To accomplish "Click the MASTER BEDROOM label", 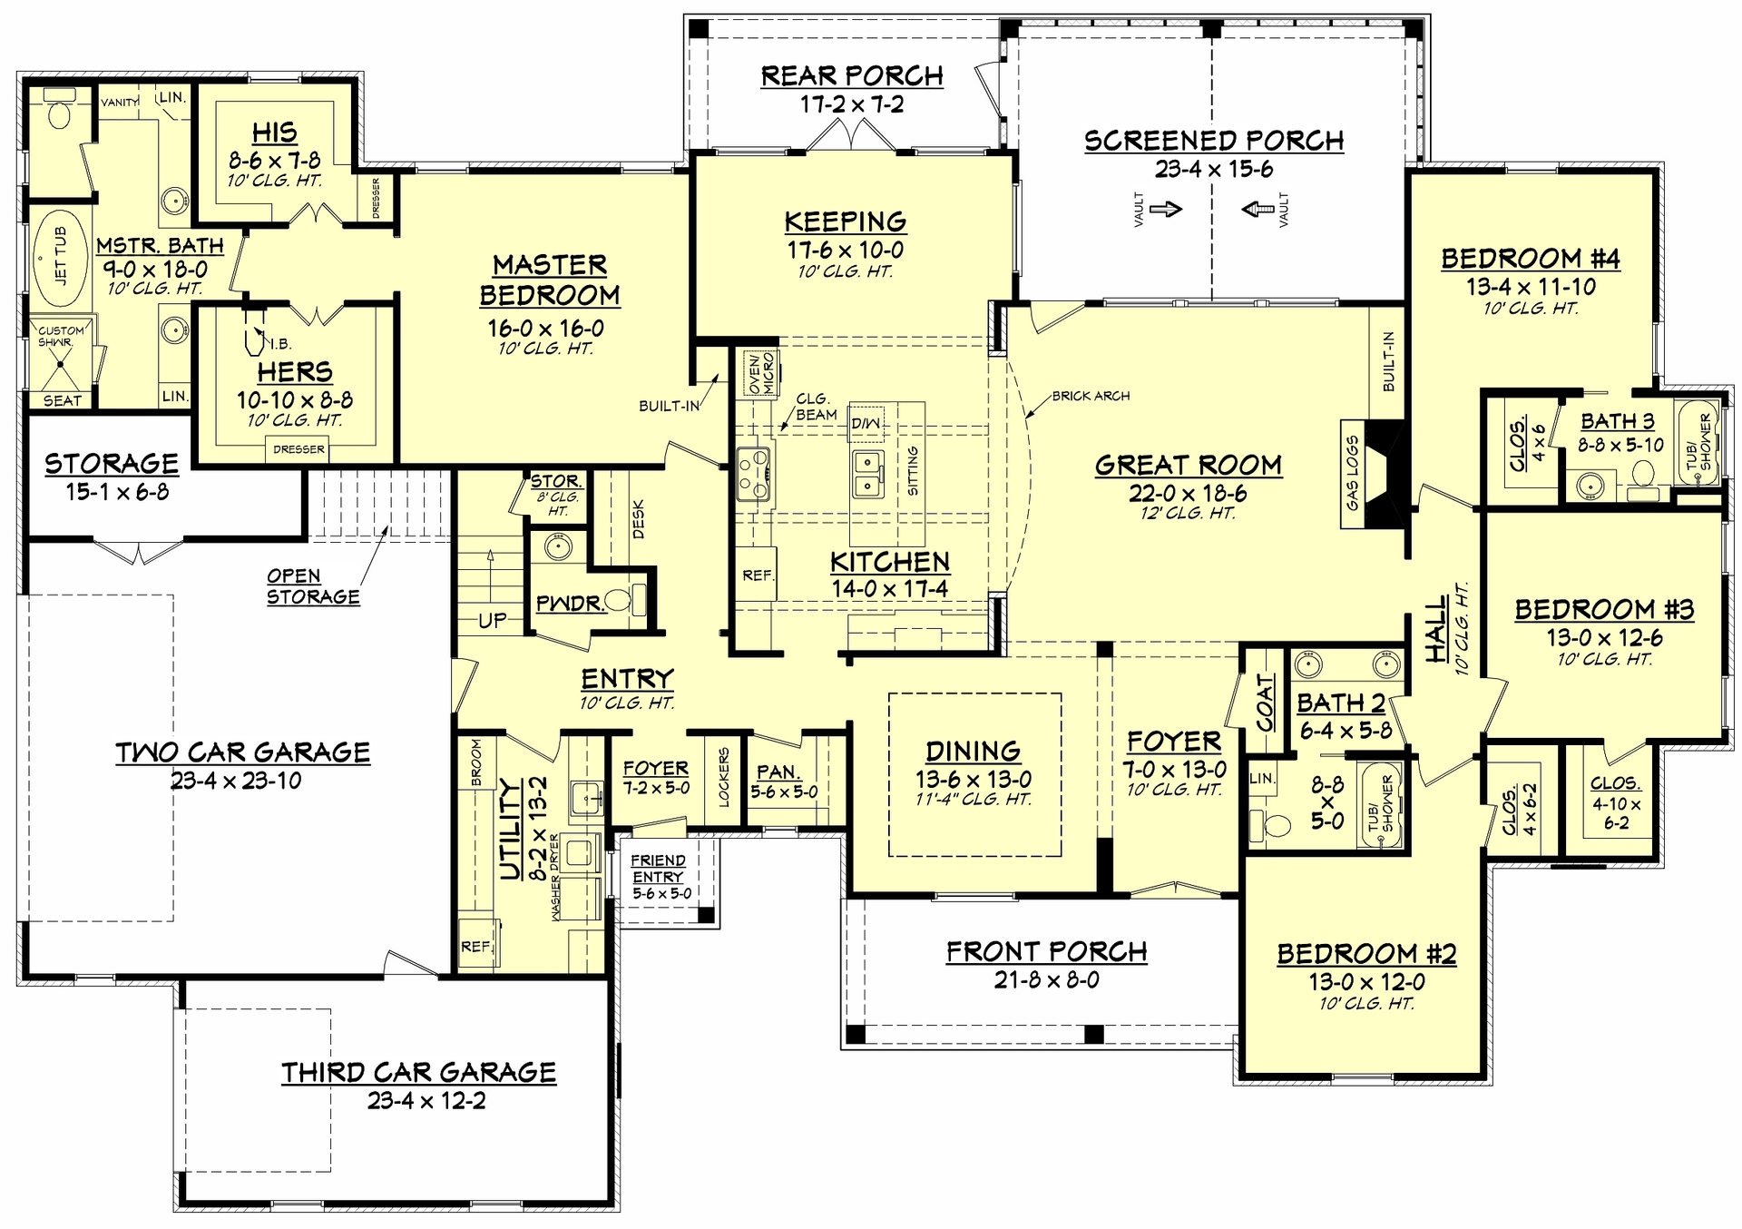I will [x=550, y=280].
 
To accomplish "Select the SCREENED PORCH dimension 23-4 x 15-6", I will [x=1214, y=169].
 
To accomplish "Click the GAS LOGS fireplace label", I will [x=1352, y=473].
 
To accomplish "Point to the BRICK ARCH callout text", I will [x=1091, y=396].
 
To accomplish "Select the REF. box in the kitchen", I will [x=757, y=575].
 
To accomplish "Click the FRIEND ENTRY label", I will [x=659, y=869].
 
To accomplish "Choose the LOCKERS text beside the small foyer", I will [x=724, y=778].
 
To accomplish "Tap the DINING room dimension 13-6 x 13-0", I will [x=974, y=779].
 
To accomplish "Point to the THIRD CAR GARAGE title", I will [x=418, y=1072].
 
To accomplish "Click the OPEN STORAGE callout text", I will [x=312, y=586].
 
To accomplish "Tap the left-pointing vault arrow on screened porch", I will [x=1257, y=209].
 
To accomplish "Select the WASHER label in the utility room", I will [x=555, y=898].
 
